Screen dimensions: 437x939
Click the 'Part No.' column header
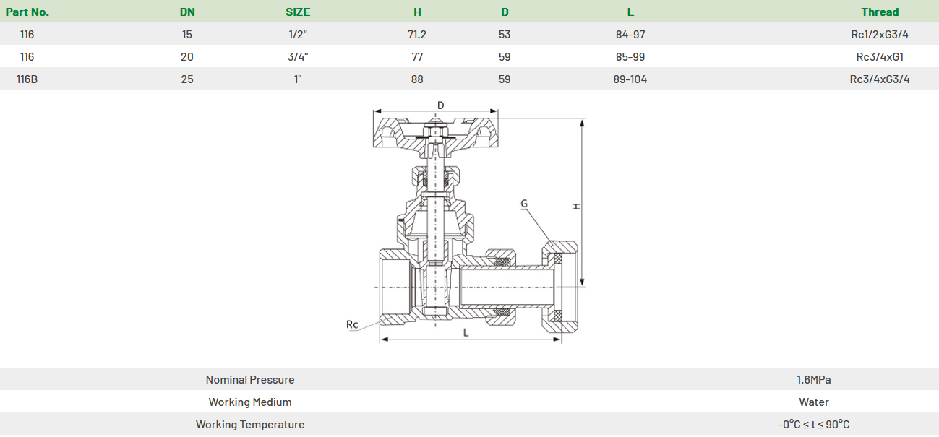(x=27, y=12)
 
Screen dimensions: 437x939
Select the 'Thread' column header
(x=880, y=12)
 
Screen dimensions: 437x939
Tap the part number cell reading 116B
(x=27, y=79)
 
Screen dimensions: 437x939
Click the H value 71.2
(x=417, y=35)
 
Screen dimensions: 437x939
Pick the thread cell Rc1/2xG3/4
(x=880, y=35)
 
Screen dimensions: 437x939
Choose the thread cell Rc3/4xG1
(x=880, y=57)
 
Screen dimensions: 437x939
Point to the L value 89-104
(x=630, y=79)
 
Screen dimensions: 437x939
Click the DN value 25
(x=187, y=79)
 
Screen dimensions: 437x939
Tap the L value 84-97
(x=630, y=35)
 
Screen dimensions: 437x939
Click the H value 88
(x=417, y=79)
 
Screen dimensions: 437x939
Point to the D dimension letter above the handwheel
(x=441, y=105)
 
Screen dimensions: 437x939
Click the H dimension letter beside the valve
(x=576, y=206)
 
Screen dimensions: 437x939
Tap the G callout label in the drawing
(x=524, y=204)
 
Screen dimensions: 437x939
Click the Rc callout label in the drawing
(x=352, y=324)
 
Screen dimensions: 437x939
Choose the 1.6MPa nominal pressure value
(x=814, y=380)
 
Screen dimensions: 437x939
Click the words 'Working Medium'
(x=250, y=402)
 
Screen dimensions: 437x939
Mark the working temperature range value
(x=814, y=425)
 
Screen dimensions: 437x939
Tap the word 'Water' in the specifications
(x=814, y=402)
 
